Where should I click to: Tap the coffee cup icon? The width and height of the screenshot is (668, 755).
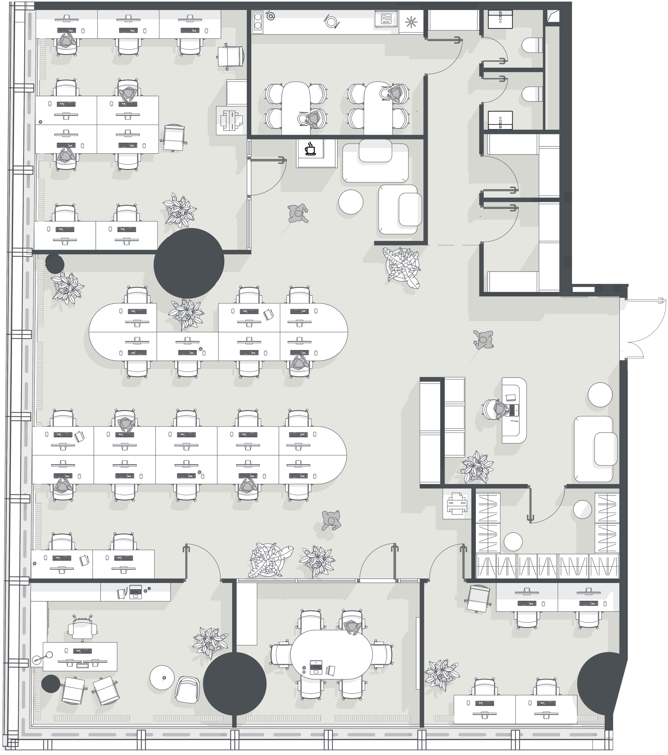[x=310, y=149]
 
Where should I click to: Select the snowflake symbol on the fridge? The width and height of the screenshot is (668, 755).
[x=411, y=22]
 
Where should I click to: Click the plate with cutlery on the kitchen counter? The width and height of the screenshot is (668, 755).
[x=331, y=21]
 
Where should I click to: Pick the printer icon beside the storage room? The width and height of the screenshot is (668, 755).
[x=457, y=503]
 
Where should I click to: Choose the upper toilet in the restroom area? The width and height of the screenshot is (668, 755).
[x=532, y=45]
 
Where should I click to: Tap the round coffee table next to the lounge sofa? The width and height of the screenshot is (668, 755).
[x=351, y=202]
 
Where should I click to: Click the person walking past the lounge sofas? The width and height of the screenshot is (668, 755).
[x=298, y=214]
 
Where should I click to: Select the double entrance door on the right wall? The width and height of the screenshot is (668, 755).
[x=643, y=328]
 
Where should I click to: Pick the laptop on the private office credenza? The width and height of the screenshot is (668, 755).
[x=135, y=591]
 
